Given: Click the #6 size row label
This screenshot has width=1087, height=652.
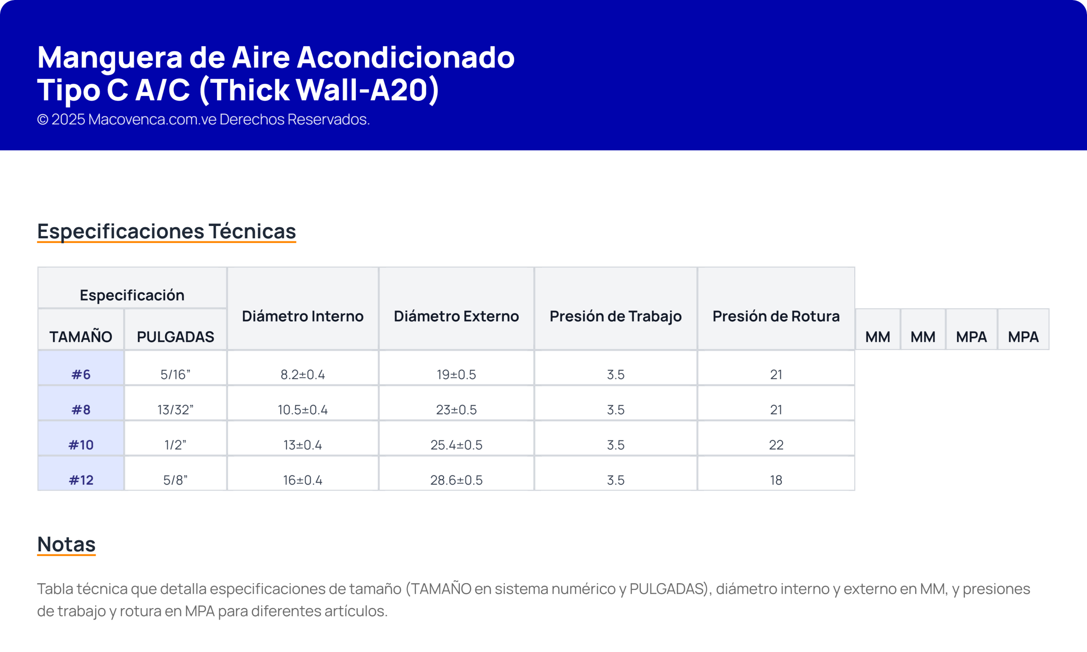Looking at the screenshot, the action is tap(81, 374).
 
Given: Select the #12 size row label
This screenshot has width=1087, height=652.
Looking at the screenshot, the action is tap(81, 480).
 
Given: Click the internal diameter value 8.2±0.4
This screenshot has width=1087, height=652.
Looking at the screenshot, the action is tap(303, 374).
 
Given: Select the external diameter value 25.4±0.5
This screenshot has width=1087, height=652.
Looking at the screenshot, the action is tap(456, 445).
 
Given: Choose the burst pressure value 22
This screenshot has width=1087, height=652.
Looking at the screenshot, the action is tap(776, 445).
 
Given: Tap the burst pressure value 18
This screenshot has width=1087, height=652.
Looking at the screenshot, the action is tap(776, 480).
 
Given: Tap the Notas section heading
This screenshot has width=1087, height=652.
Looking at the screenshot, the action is tap(66, 544).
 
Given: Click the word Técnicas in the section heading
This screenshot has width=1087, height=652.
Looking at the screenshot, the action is tap(252, 231).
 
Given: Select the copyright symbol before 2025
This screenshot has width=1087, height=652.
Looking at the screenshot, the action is tap(42, 119).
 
